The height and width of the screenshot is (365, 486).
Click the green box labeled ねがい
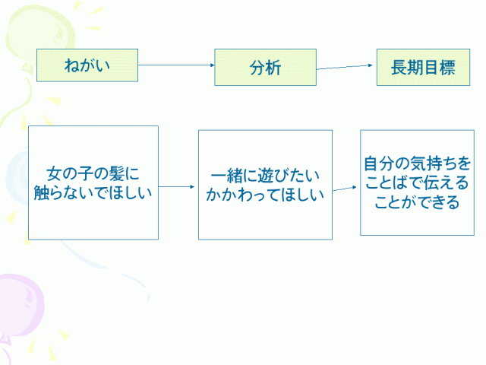click(x=87, y=65)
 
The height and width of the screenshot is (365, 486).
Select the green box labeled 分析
click(x=264, y=67)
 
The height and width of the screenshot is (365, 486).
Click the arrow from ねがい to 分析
click(x=176, y=65)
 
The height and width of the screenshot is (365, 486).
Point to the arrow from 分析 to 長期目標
click(x=346, y=67)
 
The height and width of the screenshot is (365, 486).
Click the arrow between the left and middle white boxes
click(x=178, y=186)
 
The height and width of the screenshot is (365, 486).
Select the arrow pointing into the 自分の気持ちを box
click(x=346, y=187)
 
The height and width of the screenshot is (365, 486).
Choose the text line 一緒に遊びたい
click(x=265, y=174)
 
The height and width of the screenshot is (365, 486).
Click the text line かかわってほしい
click(x=265, y=193)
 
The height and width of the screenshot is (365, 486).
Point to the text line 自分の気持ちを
click(x=417, y=163)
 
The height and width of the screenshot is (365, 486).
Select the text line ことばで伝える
click(x=417, y=183)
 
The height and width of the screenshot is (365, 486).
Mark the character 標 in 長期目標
click(x=447, y=67)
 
